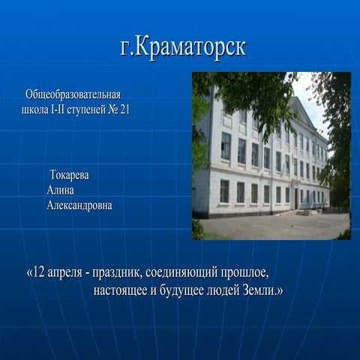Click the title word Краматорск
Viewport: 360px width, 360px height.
[190, 47]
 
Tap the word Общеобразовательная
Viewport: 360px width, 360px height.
[73, 95]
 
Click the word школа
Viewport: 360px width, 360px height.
[35, 110]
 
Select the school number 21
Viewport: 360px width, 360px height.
[124, 109]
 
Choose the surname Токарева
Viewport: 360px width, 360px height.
[69, 175]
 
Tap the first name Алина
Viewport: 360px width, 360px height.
[60, 190]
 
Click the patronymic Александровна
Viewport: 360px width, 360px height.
[79, 205]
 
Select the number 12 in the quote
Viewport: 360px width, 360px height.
[38, 272]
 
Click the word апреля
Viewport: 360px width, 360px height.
[64, 273]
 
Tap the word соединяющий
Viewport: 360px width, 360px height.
[181, 273]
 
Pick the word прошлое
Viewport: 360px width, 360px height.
[244, 273]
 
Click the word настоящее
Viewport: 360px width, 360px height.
[120, 291]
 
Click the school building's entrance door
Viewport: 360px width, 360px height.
[296, 199]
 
